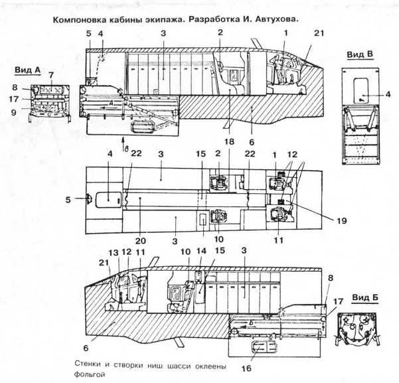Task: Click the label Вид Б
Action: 365,297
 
